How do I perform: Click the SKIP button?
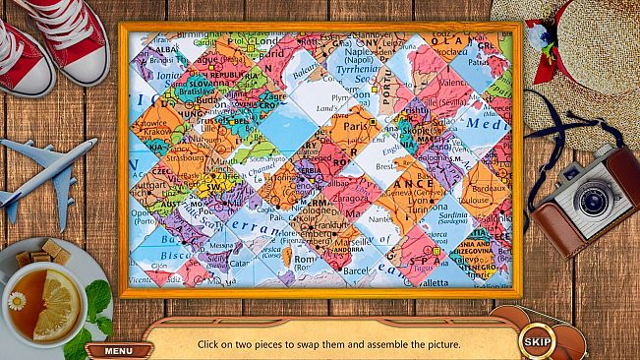click(x=537, y=342)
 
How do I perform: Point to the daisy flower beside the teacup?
click(x=17, y=300)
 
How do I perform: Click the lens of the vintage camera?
click(x=592, y=199)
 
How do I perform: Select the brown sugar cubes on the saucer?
click(x=36, y=253)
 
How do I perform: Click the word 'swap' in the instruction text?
click(x=314, y=344)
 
